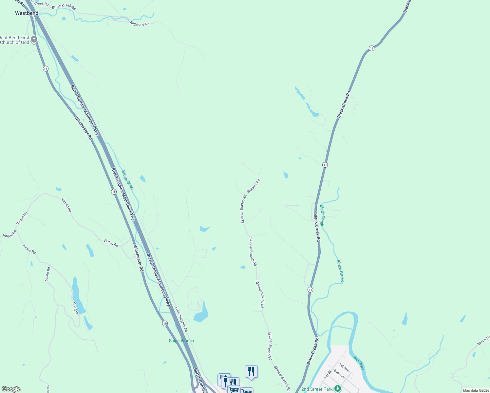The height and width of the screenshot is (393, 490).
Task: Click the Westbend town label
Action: [x=27, y=13]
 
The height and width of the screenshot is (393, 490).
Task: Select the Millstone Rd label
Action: [x=140, y=24]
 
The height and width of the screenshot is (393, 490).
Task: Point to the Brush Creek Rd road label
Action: [x=64, y=6]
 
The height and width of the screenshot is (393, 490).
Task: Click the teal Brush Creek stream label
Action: [x=128, y=180]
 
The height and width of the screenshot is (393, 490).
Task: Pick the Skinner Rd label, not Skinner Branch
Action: [x=254, y=186]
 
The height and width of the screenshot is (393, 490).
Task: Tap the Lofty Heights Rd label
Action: [x=181, y=319]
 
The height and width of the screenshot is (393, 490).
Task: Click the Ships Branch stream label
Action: [x=181, y=341]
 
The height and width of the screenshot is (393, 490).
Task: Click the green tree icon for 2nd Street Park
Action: [x=337, y=389]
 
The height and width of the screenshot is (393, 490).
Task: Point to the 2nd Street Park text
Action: [x=317, y=389]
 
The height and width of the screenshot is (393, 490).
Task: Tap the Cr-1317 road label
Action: [x=75, y=308]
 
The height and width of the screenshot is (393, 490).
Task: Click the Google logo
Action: [x=11, y=389]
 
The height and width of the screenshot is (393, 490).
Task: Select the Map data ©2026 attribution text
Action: [x=475, y=390]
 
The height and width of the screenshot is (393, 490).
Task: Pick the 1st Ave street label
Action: [x=344, y=367]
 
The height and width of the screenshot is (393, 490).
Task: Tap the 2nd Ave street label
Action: [x=339, y=373]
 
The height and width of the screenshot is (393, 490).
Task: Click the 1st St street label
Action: [x=328, y=374]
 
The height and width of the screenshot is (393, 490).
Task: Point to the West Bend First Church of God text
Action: [x=15, y=40]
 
